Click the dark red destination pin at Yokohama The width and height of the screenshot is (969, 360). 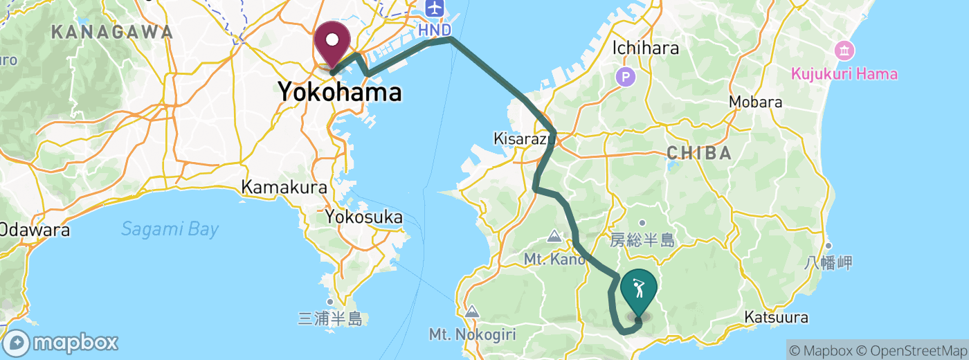point(333,43)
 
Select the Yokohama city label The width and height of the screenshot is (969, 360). point(339,91)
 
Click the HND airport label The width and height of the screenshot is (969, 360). point(434,30)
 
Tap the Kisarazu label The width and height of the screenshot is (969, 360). point(520,138)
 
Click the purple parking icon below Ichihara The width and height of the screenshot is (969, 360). point(626,76)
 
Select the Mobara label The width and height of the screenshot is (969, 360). point(756,102)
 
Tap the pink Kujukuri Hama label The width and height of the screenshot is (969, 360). point(844,73)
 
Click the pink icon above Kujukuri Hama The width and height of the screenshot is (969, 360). point(844,51)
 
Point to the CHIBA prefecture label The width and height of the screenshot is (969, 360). point(700,153)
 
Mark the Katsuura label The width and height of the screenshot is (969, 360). point(776,318)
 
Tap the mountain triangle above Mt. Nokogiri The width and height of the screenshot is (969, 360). point(472,312)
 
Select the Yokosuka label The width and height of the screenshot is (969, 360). point(364,217)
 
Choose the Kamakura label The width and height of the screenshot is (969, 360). point(274,187)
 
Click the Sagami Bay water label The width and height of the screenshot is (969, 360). point(170,229)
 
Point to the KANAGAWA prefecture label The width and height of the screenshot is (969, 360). point(111,32)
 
